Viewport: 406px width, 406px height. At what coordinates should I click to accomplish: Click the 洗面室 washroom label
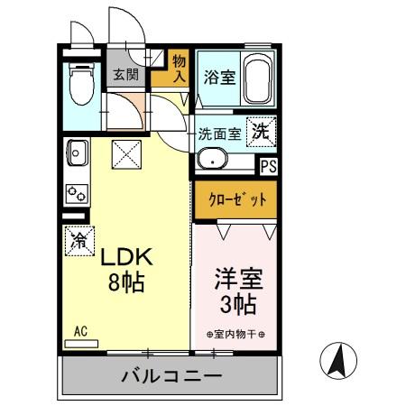[x=219, y=134]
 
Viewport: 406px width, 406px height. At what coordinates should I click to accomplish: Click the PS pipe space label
[x=268, y=166]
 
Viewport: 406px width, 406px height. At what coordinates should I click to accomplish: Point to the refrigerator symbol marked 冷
[x=78, y=241]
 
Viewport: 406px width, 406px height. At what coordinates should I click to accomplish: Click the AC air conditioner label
[x=80, y=331]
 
